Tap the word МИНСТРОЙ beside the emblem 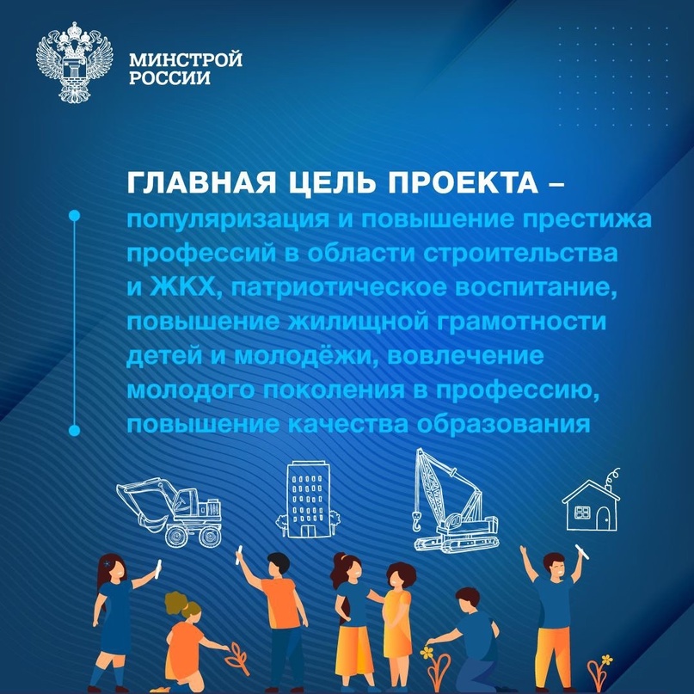[185, 61]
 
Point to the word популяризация [215, 221]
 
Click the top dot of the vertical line [74, 215]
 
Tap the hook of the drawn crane [415, 520]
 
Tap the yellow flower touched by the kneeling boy [427, 654]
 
